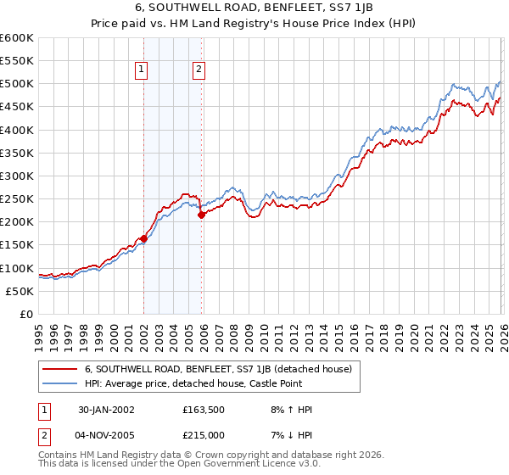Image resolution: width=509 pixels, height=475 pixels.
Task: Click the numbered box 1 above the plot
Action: click(x=140, y=70)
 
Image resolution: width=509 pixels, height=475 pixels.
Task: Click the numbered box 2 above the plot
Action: click(x=199, y=70)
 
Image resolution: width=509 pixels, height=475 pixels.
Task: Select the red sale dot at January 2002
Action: click(x=143, y=239)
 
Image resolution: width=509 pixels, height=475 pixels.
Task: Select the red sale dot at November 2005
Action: click(x=201, y=215)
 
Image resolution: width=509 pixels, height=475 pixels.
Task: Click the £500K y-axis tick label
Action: click(x=17, y=84)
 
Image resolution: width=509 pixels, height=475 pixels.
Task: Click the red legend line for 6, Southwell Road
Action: click(x=60, y=369)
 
